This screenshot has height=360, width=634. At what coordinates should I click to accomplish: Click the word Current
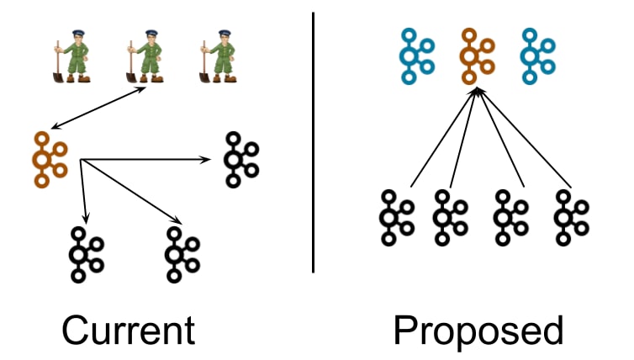coord(129,330)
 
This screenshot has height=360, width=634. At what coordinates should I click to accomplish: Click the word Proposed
coord(478,331)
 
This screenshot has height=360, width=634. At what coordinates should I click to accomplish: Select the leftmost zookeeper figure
coord(72,56)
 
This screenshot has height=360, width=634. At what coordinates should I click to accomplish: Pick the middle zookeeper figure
coord(145,56)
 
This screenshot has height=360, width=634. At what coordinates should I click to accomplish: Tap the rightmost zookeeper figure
coord(219,56)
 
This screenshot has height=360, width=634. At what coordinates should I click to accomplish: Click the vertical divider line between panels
coord(313,142)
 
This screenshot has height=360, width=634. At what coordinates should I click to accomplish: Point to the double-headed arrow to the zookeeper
coord(98,108)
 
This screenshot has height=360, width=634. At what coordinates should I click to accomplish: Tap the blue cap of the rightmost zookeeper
coord(225,32)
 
